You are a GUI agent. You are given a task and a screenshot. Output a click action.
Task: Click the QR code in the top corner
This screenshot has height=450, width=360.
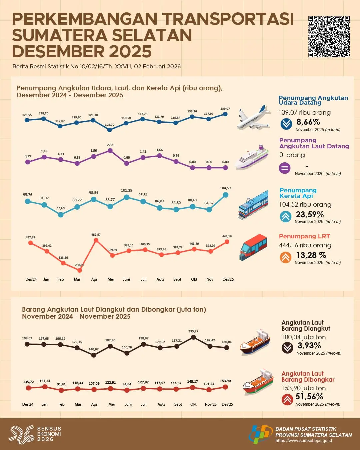click(329, 36)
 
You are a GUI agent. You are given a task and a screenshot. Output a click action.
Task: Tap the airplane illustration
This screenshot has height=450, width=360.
click(254, 117)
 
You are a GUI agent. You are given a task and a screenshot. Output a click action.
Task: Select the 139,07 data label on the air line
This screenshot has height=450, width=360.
click(225, 109)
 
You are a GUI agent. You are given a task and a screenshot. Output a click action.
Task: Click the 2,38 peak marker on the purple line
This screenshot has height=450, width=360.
click(110, 151)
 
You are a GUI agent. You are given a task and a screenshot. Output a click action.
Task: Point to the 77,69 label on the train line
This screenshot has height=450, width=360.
click(61, 208)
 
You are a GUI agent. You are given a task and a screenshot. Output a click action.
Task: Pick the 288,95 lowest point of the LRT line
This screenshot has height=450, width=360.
click(80, 270)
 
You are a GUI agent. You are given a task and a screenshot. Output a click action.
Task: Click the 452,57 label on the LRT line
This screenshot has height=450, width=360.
click(96, 235)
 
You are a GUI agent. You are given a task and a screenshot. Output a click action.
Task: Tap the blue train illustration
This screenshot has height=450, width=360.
click(253, 204)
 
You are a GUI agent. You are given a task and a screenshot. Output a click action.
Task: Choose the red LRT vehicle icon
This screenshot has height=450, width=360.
click(254, 247)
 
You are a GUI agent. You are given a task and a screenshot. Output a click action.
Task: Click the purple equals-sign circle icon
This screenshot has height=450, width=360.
click(284, 168)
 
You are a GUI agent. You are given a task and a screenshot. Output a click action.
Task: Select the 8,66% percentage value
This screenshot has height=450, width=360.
click(308, 122)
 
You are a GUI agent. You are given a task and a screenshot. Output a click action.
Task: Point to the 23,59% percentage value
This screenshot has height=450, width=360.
click(310, 214)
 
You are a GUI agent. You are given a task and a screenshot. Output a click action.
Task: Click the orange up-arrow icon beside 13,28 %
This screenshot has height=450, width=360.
click(286, 257)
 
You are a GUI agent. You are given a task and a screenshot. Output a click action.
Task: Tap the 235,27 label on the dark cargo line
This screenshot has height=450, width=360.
click(193, 331)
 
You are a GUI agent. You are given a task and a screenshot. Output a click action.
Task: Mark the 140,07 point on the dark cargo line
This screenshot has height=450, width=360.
click(94, 355)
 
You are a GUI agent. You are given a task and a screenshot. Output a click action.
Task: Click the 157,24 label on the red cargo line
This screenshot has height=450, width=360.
click(45, 381)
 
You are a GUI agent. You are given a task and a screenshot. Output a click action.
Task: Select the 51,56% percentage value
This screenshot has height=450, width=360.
click(309, 397)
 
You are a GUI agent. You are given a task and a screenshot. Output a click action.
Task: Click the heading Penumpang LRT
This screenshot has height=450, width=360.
click(304, 236)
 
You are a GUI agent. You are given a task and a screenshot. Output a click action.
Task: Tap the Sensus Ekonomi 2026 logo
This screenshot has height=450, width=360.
click(35, 434)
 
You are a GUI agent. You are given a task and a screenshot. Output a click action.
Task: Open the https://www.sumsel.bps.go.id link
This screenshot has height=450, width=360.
click(304, 441)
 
